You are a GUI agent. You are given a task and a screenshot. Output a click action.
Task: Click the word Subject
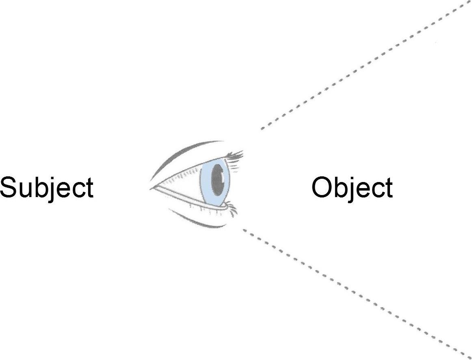(47, 188)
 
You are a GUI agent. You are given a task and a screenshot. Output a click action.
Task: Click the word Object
(352, 188)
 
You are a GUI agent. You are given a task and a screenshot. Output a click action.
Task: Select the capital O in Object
(323, 187)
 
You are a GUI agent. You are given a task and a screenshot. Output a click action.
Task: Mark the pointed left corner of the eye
(151, 189)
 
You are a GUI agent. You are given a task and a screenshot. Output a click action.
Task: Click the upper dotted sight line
(366, 65)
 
